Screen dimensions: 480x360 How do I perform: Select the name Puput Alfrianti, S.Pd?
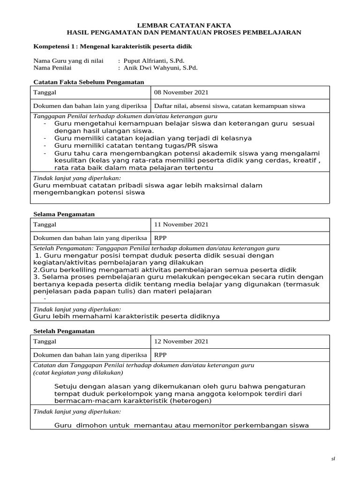(x=154, y=60)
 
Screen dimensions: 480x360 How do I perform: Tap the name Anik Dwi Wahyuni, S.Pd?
(x=160, y=67)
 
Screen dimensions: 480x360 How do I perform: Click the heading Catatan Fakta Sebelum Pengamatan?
(x=89, y=82)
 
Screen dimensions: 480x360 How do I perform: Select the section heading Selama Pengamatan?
(x=64, y=214)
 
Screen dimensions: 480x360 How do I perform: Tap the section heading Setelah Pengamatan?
(x=64, y=331)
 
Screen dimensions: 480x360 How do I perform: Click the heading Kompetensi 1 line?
(x=113, y=47)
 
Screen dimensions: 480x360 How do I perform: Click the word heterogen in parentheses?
(x=191, y=401)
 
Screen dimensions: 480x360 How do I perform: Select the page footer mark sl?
(x=333, y=459)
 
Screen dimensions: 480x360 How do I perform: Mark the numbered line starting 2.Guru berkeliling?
(x=165, y=270)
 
